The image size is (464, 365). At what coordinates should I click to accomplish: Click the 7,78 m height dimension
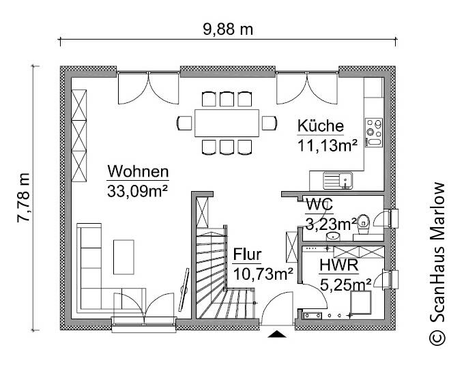pos(24,198)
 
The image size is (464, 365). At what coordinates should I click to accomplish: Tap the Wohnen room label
pos(138,171)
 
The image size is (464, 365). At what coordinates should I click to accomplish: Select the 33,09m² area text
pos(138,191)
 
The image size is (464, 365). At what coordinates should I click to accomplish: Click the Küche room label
pos(321,126)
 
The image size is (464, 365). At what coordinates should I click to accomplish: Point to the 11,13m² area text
pos(328,144)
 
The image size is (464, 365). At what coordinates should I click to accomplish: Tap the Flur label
pos(247,256)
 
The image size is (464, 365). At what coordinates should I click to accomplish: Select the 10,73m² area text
pos(263,274)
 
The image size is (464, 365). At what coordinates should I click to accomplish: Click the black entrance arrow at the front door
pos(278,334)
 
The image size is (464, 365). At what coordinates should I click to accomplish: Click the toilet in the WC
pos(365,220)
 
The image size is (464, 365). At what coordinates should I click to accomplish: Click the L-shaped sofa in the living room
pos(96,266)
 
